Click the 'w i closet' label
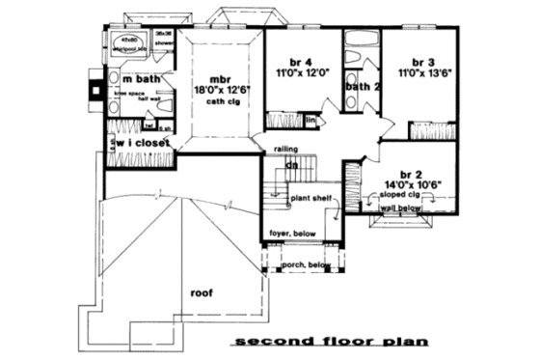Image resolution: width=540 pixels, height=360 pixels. (145, 143)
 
